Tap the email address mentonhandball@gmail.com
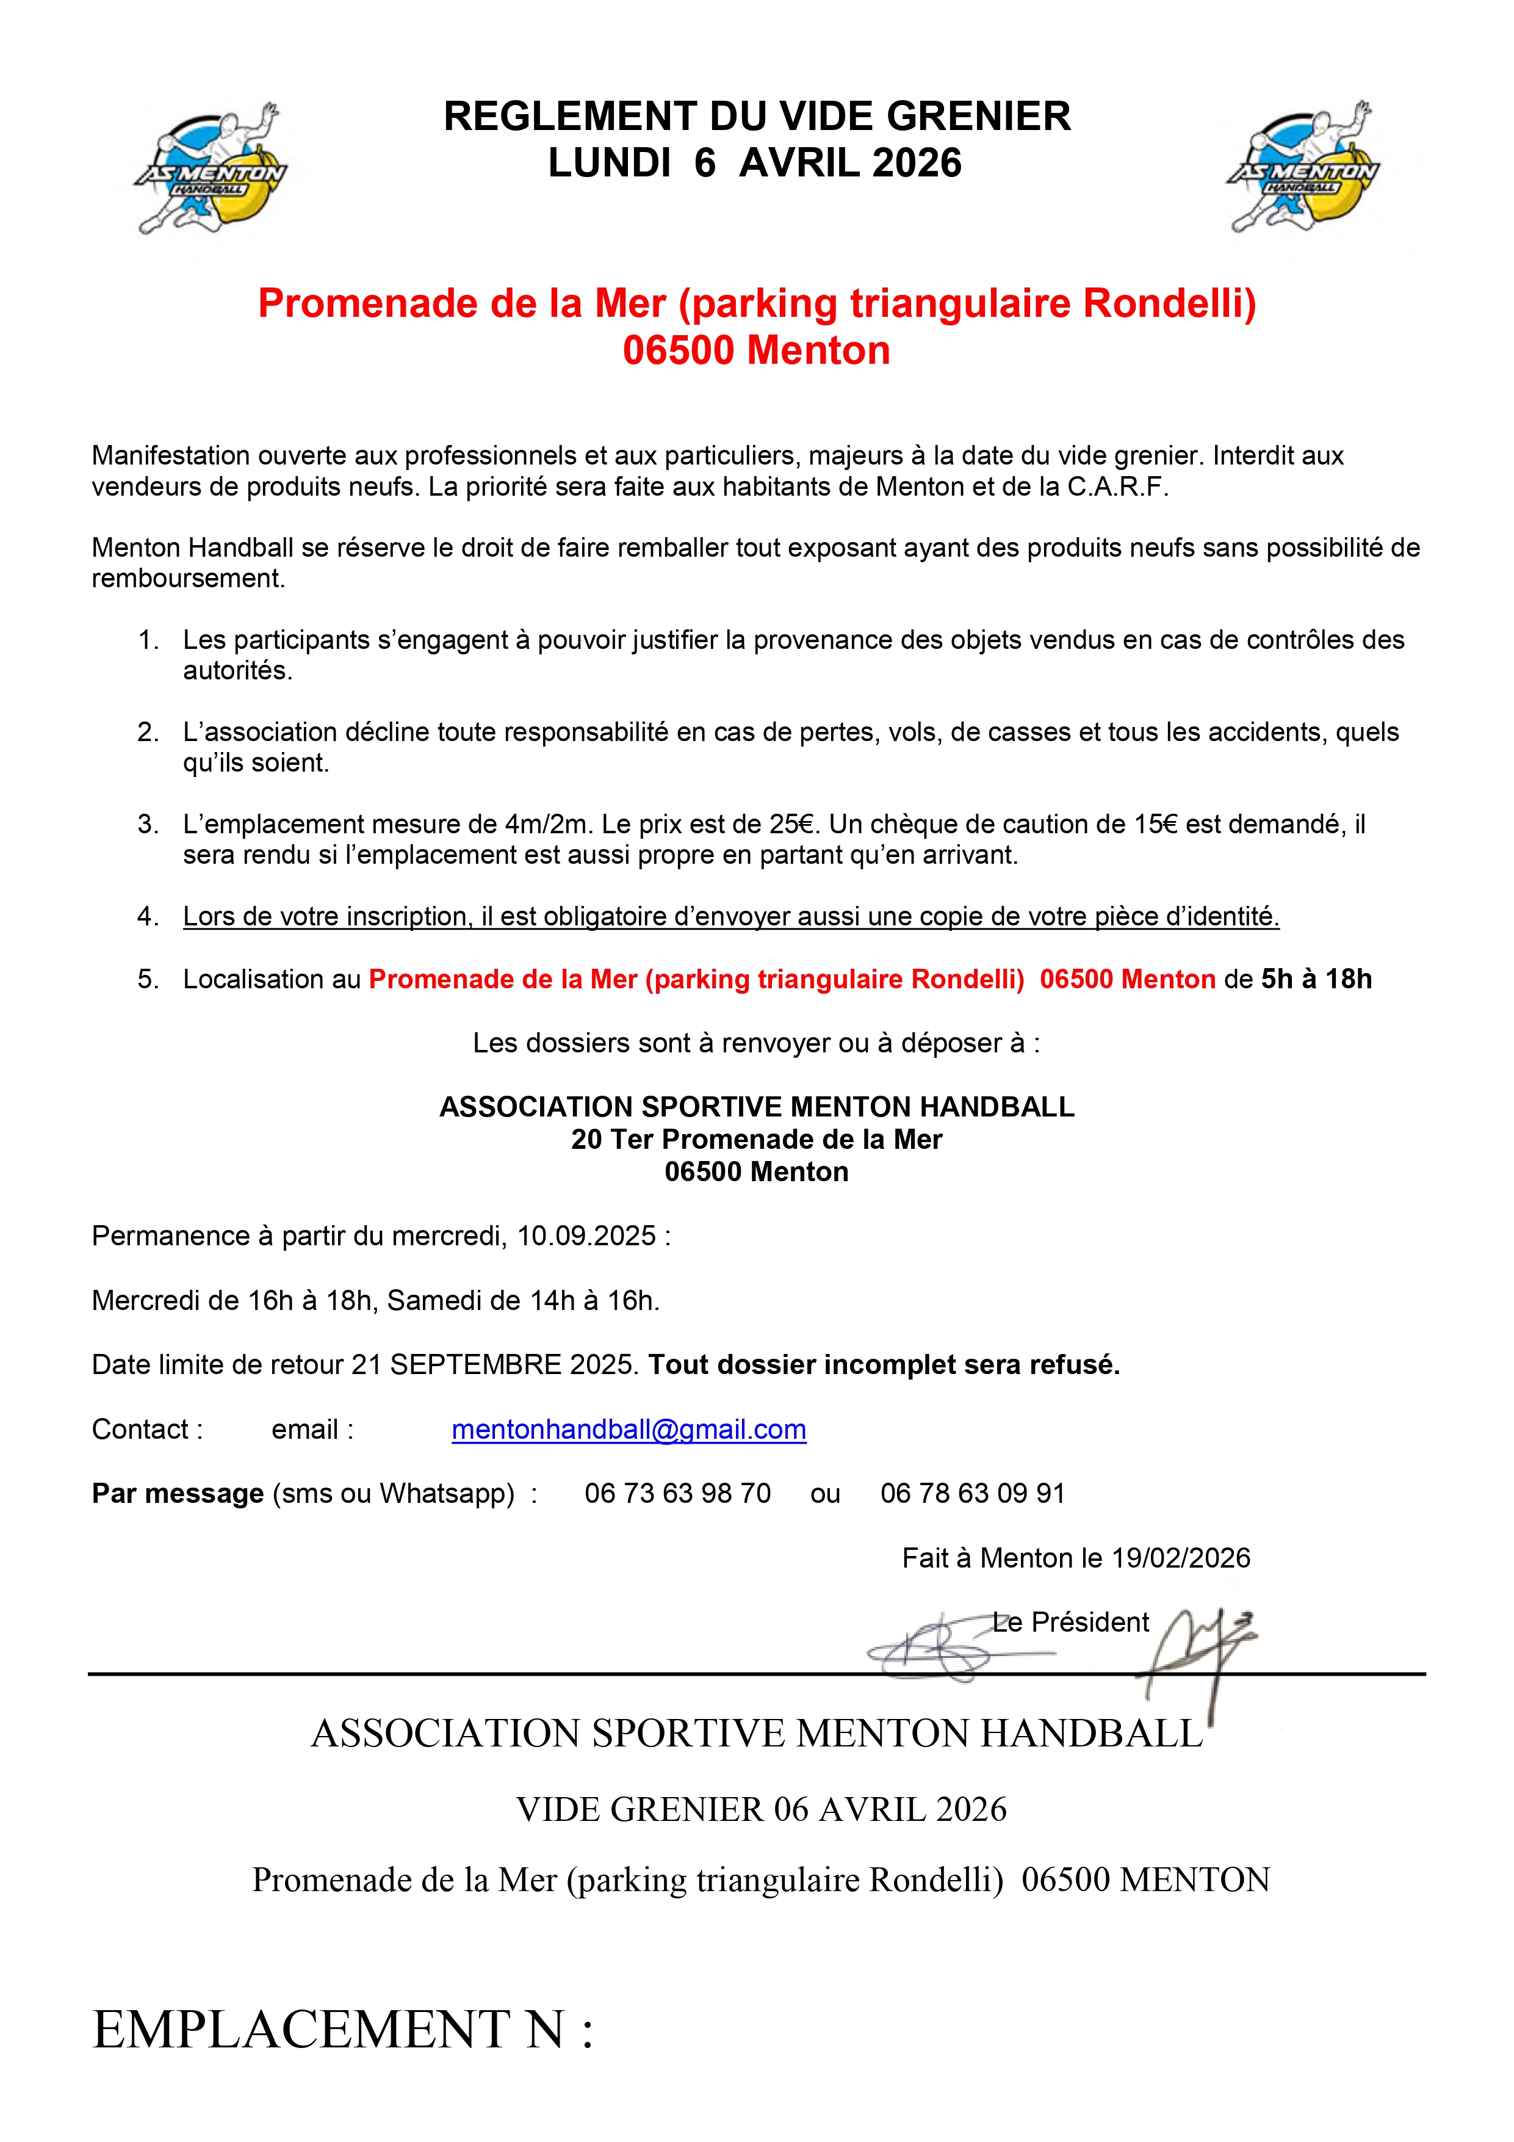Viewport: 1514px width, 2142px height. click(629, 1429)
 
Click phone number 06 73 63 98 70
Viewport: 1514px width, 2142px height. click(677, 1494)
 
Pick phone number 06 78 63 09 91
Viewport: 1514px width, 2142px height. click(972, 1494)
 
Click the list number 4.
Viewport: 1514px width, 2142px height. click(148, 917)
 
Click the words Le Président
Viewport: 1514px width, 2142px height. click(1071, 1623)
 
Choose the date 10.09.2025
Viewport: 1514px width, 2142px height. click(587, 1236)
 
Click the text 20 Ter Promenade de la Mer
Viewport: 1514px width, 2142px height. click(757, 1139)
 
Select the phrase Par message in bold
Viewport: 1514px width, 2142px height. click(177, 1494)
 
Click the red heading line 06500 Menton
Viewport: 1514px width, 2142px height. click(757, 351)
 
